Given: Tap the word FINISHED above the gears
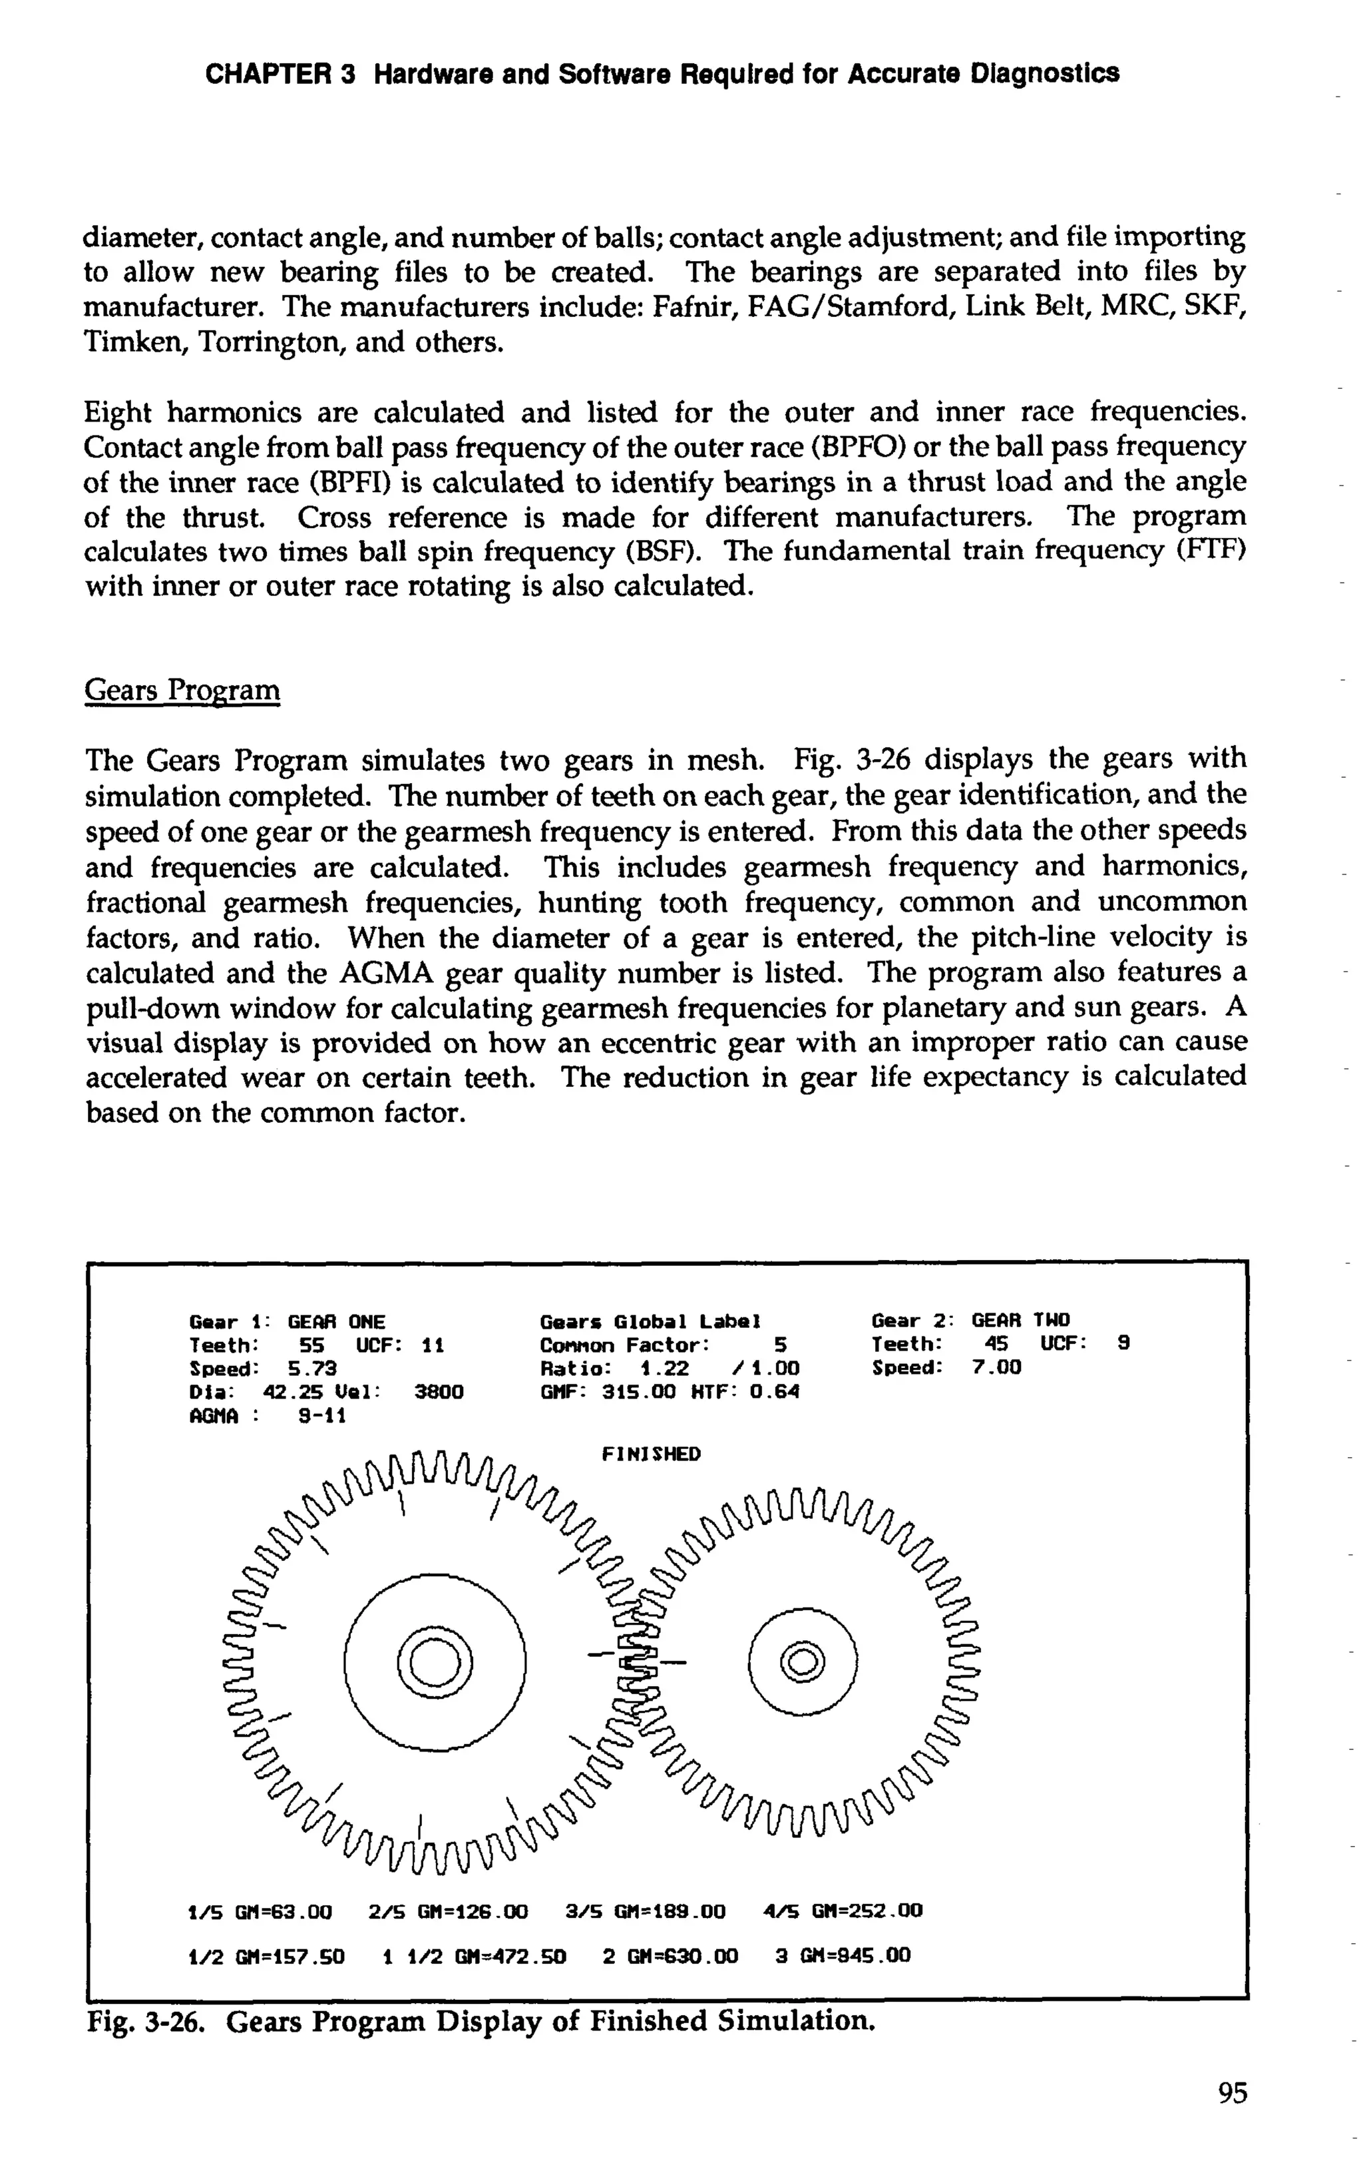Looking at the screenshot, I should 651,1453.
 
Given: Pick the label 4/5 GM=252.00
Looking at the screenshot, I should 842,1911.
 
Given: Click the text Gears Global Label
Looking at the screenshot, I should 652,1321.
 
